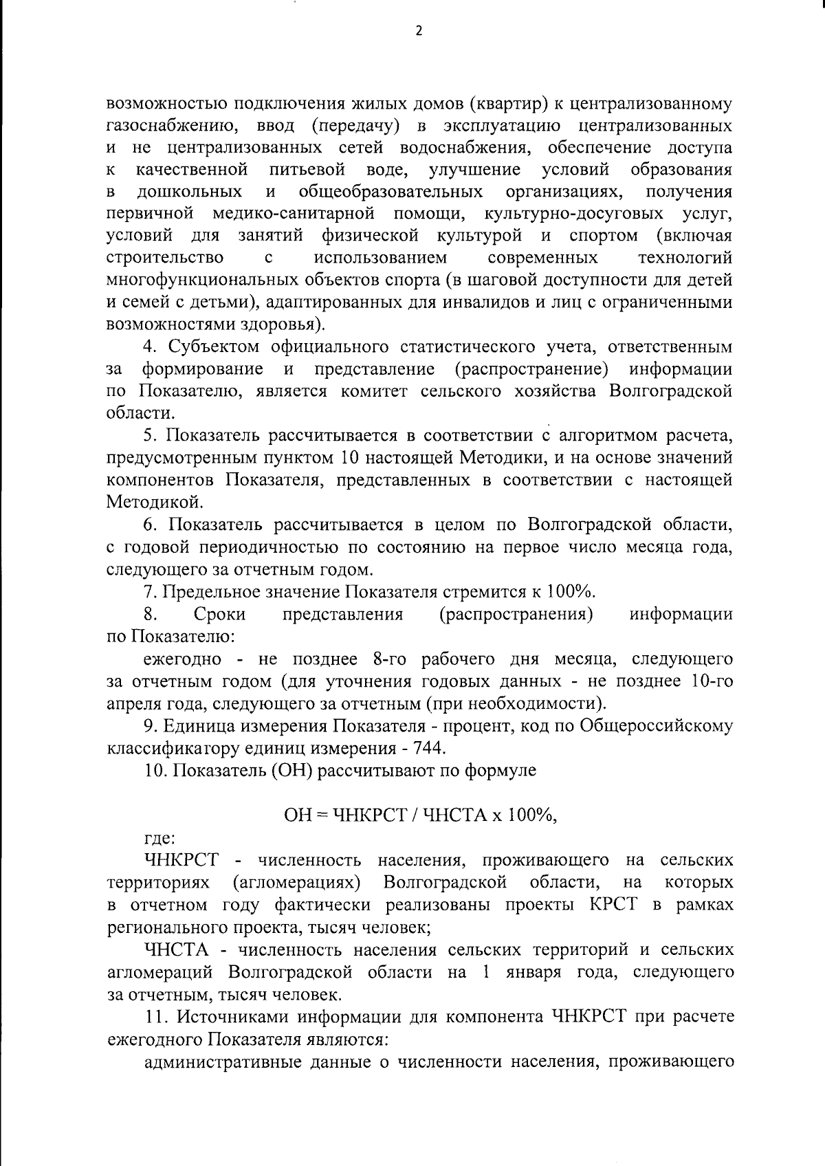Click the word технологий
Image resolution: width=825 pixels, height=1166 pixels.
click(x=685, y=258)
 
